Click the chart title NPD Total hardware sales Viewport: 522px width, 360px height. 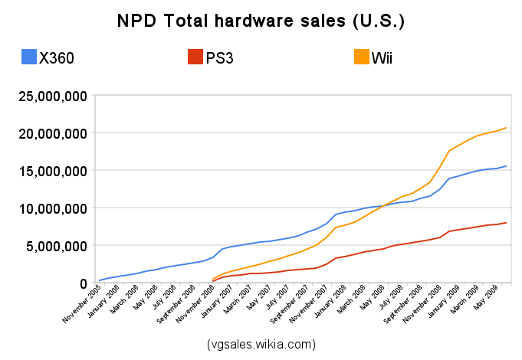click(x=261, y=21)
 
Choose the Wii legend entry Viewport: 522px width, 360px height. click(x=380, y=57)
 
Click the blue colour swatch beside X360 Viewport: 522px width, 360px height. click(x=29, y=57)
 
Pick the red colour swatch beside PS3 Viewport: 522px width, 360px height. click(x=194, y=57)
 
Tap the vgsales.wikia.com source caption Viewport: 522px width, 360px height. click(x=261, y=344)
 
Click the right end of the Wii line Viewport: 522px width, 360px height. click(x=506, y=128)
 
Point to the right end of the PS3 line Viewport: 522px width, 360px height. click(x=506, y=223)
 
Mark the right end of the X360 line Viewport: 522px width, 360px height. click(x=506, y=166)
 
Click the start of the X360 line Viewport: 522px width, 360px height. click(x=100, y=280)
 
